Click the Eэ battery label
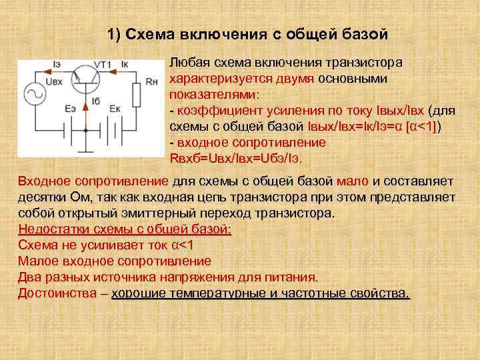pos(70,109)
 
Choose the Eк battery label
pos(114,109)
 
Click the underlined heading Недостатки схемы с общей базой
pos(125,229)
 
